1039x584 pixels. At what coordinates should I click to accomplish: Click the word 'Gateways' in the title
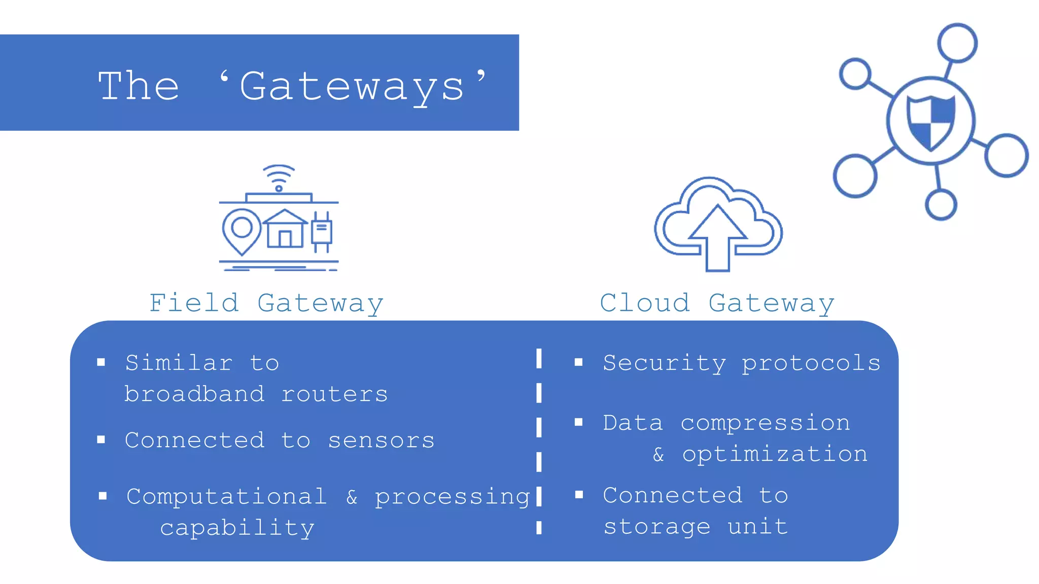352,86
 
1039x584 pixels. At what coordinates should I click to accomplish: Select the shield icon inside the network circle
931,122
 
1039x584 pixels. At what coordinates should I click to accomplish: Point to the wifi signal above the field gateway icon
279,176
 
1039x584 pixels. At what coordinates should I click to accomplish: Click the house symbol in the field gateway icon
285,229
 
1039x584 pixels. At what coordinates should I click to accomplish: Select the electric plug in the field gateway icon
322,231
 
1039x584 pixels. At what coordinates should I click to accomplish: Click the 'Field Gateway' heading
266,303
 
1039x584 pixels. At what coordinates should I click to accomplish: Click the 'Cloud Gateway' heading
717,303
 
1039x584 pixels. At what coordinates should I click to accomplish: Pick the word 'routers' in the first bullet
334,394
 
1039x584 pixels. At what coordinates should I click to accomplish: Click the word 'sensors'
381,440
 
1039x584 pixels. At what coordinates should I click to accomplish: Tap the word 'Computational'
226,496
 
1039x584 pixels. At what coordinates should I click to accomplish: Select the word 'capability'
237,528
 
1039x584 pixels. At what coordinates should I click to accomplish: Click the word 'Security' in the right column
664,363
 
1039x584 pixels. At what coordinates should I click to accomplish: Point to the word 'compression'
765,423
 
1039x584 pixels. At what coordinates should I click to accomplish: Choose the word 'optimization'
775,454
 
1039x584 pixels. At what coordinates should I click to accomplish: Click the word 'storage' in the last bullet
656,527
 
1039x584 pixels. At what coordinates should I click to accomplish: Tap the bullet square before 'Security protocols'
578,362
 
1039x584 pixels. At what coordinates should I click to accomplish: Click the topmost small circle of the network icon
957,43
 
